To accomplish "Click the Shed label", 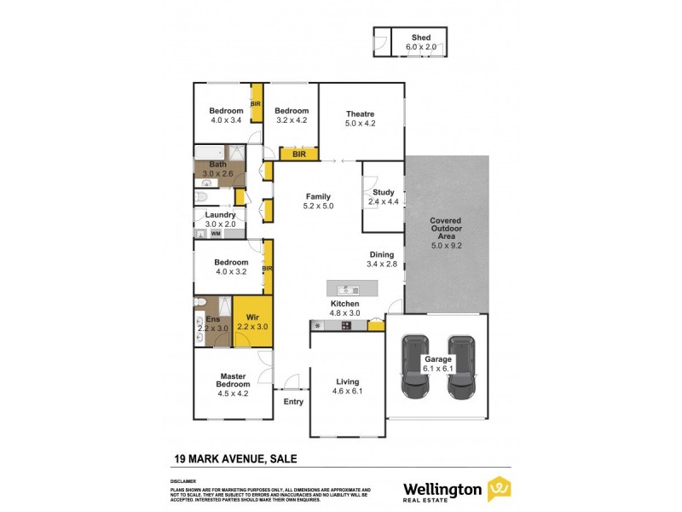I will pyautogui.click(x=421, y=38).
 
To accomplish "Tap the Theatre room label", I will pyautogui.click(x=360, y=113).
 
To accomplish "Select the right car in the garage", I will pyautogui.click(x=461, y=367).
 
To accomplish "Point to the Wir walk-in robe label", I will pyautogui.click(x=252, y=317).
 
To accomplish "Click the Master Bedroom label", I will pyautogui.click(x=233, y=380).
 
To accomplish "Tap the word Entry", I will pyautogui.click(x=293, y=402).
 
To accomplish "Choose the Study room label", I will pyautogui.click(x=384, y=192).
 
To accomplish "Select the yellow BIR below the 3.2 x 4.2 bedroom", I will pyautogui.click(x=299, y=154).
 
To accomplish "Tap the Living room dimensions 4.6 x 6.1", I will pyautogui.click(x=347, y=392).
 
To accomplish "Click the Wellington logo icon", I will pyautogui.click(x=499, y=489).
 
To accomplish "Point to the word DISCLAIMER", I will pyautogui.click(x=183, y=480).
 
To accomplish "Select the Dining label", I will pyautogui.click(x=381, y=254).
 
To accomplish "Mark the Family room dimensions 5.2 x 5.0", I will pyautogui.click(x=317, y=206).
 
